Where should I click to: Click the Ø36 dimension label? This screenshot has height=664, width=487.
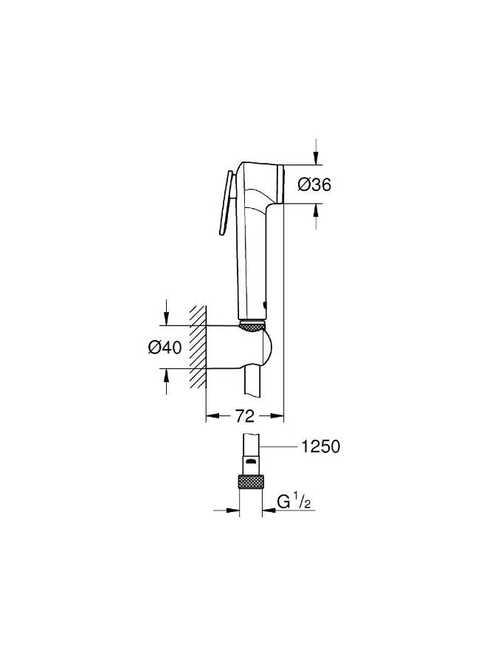pyautogui.click(x=314, y=184)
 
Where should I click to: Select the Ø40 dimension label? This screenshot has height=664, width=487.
pyautogui.click(x=165, y=347)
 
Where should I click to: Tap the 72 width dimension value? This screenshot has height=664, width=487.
pyautogui.click(x=245, y=416)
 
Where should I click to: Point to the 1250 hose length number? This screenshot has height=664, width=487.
pyautogui.click(x=320, y=446)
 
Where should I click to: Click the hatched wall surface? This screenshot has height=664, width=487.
pyautogui.click(x=197, y=347)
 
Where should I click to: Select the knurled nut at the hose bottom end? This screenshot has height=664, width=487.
pyautogui.click(x=251, y=483)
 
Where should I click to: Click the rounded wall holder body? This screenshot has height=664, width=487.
pyautogui.click(x=240, y=347)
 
